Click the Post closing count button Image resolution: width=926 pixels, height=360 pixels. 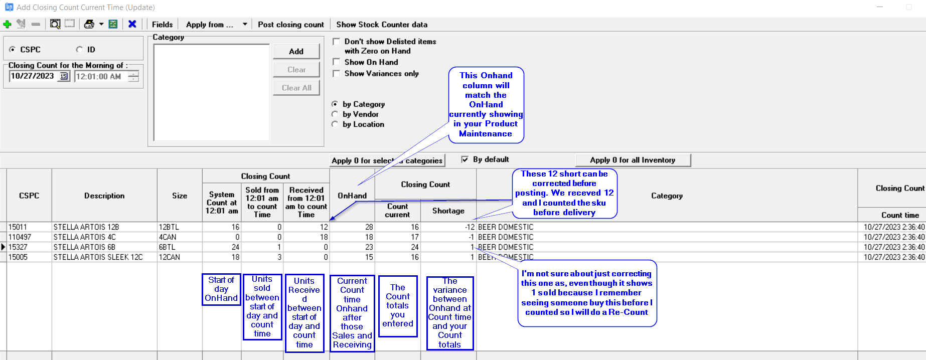coord(291,25)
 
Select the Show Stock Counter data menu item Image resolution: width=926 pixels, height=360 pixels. coord(382,25)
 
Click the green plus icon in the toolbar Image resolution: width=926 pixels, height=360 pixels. coord(7,24)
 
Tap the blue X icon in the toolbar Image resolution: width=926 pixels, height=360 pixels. coord(132,24)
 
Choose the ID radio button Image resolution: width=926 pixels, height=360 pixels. coord(79,50)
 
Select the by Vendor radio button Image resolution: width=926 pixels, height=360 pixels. coord(335,114)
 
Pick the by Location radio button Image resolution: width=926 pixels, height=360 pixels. coord(335,124)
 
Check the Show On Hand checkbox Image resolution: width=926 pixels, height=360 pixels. coord(337,62)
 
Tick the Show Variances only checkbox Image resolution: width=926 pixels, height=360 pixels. coord(337,74)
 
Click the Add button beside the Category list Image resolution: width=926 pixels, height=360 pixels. coord(296,51)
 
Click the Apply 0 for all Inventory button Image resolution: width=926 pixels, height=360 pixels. coord(633,160)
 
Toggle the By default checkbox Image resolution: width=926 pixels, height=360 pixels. coord(465,159)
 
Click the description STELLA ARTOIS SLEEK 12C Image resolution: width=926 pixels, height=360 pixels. coord(98,257)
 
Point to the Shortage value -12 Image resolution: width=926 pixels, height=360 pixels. coord(470,227)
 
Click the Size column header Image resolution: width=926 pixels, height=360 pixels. coord(180,196)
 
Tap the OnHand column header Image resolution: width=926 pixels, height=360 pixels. coord(352,196)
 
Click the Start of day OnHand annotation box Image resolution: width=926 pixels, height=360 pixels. coord(221,289)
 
